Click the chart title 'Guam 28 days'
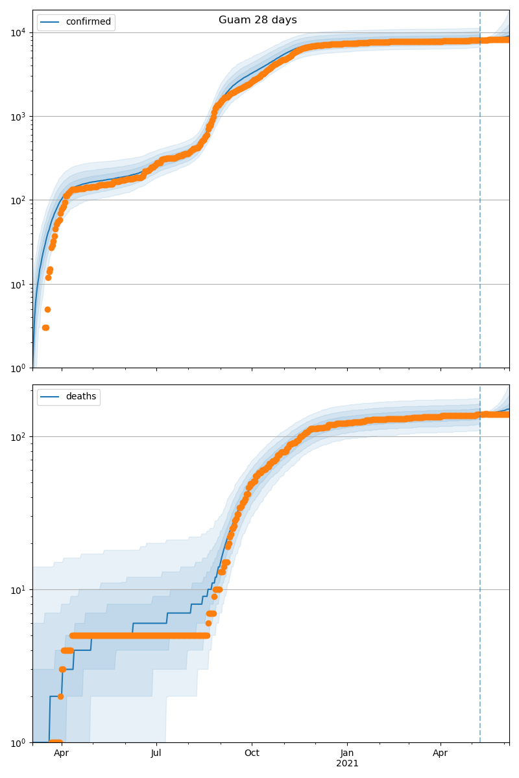click(258, 20)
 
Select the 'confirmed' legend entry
click(88, 22)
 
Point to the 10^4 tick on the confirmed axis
click(19, 32)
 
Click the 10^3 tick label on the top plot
click(19, 117)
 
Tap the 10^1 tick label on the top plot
click(19, 284)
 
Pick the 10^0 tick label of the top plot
click(19, 368)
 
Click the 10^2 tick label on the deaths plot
click(19, 436)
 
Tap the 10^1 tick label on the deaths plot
click(19, 589)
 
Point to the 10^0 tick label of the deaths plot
click(19, 742)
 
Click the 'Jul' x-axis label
click(156, 753)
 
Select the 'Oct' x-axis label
click(252, 753)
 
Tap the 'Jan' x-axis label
click(347, 753)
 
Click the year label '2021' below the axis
click(347, 763)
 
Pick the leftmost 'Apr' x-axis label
click(62, 753)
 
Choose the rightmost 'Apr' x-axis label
click(441, 753)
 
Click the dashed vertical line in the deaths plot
click(480, 583)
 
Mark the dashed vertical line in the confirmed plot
click(480, 194)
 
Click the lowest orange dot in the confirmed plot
click(45, 327)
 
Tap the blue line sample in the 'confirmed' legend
click(51, 22)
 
